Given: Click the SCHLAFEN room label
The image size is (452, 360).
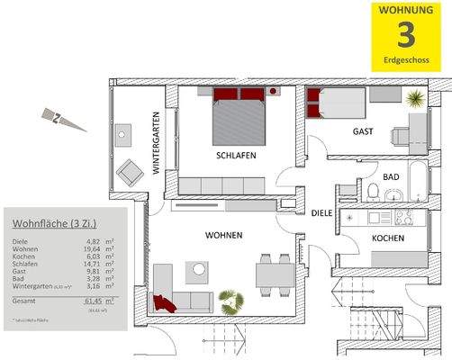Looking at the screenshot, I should point(235,155).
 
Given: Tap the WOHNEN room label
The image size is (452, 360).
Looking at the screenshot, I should point(223,236).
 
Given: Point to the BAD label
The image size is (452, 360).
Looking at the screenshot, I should point(391,177).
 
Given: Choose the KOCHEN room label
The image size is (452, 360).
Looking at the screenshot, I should point(386,238).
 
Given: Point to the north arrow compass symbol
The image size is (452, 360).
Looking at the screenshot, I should point(55,116).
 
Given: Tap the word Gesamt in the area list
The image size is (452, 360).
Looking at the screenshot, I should point(26,301).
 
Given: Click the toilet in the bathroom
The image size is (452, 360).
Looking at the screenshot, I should point(373,190).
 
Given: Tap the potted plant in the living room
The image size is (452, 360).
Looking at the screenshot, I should point(231,301).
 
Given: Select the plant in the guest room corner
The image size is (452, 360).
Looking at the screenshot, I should point(415,97).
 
